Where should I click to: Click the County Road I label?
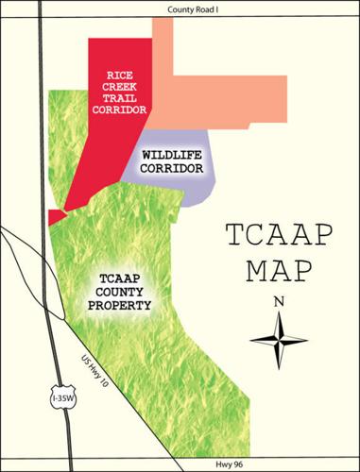(180, 8)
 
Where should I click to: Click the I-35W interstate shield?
(59, 396)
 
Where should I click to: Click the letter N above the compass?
(279, 302)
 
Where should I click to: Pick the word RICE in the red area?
(126, 75)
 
